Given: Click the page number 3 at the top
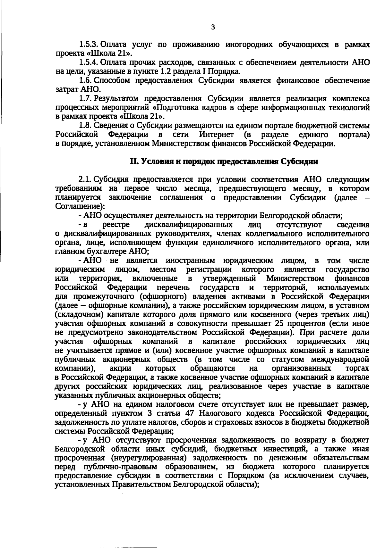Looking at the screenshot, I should (x=213, y=28).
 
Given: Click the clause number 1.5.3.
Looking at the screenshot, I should (x=89, y=44).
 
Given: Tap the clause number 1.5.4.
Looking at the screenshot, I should (x=89, y=62).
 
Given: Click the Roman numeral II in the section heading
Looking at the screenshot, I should (x=134, y=161).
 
